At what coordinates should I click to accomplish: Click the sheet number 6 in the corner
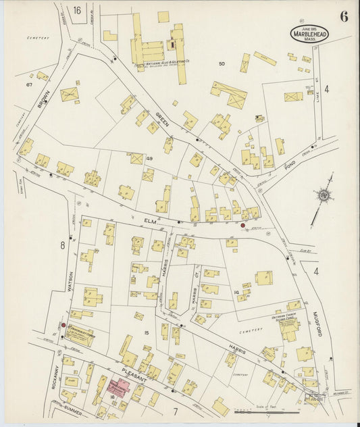click(x=344, y=17)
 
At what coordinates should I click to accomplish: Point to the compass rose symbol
click(x=325, y=196)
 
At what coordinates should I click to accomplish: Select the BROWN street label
click(x=44, y=101)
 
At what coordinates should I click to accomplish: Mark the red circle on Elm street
click(x=243, y=225)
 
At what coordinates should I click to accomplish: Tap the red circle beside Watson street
click(x=63, y=325)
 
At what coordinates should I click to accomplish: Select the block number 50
click(x=221, y=64)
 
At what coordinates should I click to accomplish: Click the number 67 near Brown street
click(x=29, y=85)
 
